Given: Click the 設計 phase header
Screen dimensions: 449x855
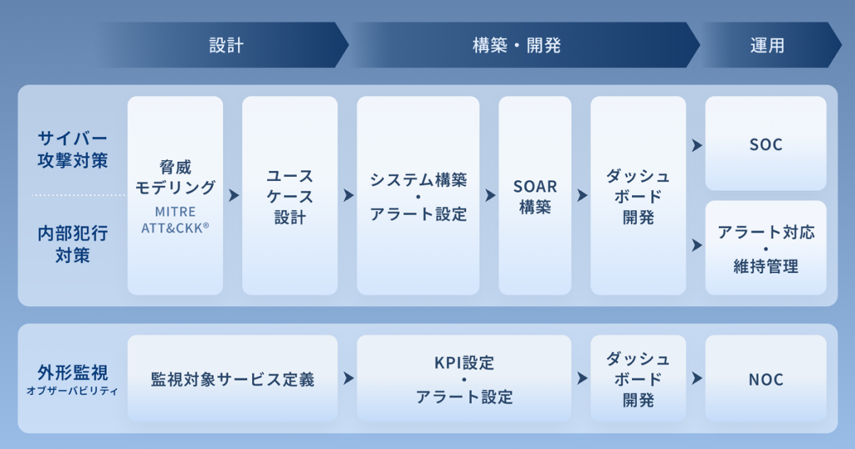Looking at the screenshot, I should point(226,45).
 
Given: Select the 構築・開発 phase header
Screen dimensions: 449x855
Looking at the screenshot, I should point(517,45).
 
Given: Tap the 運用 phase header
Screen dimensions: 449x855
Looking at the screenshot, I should point(767,45).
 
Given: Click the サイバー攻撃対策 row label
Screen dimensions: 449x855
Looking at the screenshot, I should point(73,149).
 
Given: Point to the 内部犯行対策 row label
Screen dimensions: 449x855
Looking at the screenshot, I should point(73,242).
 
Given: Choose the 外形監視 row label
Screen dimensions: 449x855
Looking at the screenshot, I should point(73,371).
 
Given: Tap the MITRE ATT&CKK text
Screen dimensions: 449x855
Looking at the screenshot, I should point(175,219).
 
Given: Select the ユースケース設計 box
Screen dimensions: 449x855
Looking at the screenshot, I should point(290,196).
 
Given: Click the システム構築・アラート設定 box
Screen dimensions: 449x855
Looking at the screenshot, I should point(418,196).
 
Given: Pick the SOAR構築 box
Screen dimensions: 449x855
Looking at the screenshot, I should point(535,196).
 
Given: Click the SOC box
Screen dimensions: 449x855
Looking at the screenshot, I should point(766,144).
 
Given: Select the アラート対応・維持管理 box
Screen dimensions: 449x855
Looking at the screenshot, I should point(766,248).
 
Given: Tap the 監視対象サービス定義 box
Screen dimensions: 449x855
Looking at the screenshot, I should point(232,379).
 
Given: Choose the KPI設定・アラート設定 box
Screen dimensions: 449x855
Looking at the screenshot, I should point(464,379).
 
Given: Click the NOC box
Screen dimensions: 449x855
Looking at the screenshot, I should point(766,379).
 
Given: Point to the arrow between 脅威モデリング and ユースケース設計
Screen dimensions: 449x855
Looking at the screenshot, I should point(233,195).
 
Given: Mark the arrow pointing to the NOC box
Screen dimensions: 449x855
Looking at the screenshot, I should point(696,379).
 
